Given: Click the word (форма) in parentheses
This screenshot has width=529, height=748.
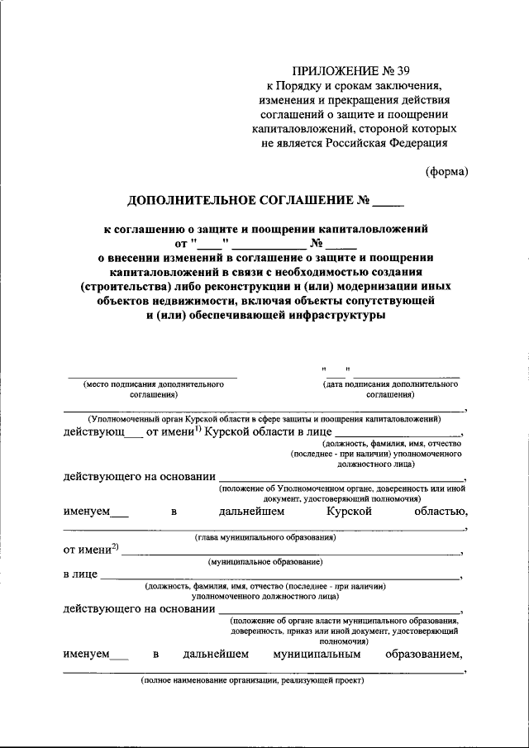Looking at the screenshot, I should (x=446, y=172).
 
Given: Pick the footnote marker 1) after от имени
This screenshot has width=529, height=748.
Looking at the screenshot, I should (x=197, y=427).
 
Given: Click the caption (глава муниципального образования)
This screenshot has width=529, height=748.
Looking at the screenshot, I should (x=264, y=537).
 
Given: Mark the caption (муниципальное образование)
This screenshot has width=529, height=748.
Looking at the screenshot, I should (x=264, y=561).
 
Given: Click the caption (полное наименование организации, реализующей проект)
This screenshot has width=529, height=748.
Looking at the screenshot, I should (x=251, y=682).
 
